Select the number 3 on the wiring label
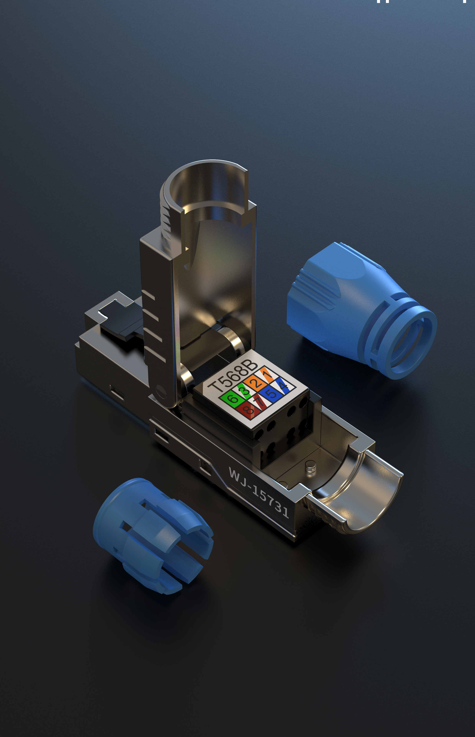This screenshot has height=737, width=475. pos(245,391)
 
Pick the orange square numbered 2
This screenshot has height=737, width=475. pos(257,383)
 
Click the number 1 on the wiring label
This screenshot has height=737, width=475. pos(268,375)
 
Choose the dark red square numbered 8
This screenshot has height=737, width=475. pos(248,410)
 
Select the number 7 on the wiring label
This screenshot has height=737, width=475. pos(259,402)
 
